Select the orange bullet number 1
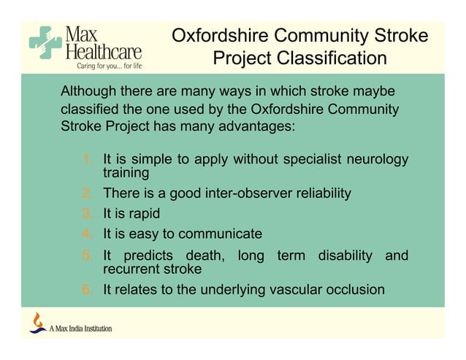click(86, 159)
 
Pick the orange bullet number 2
click(86, 194)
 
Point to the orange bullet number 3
click(86, 214)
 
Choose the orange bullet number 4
click(86, 234)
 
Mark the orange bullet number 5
click(86, 256)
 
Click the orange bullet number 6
click(86, 290)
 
